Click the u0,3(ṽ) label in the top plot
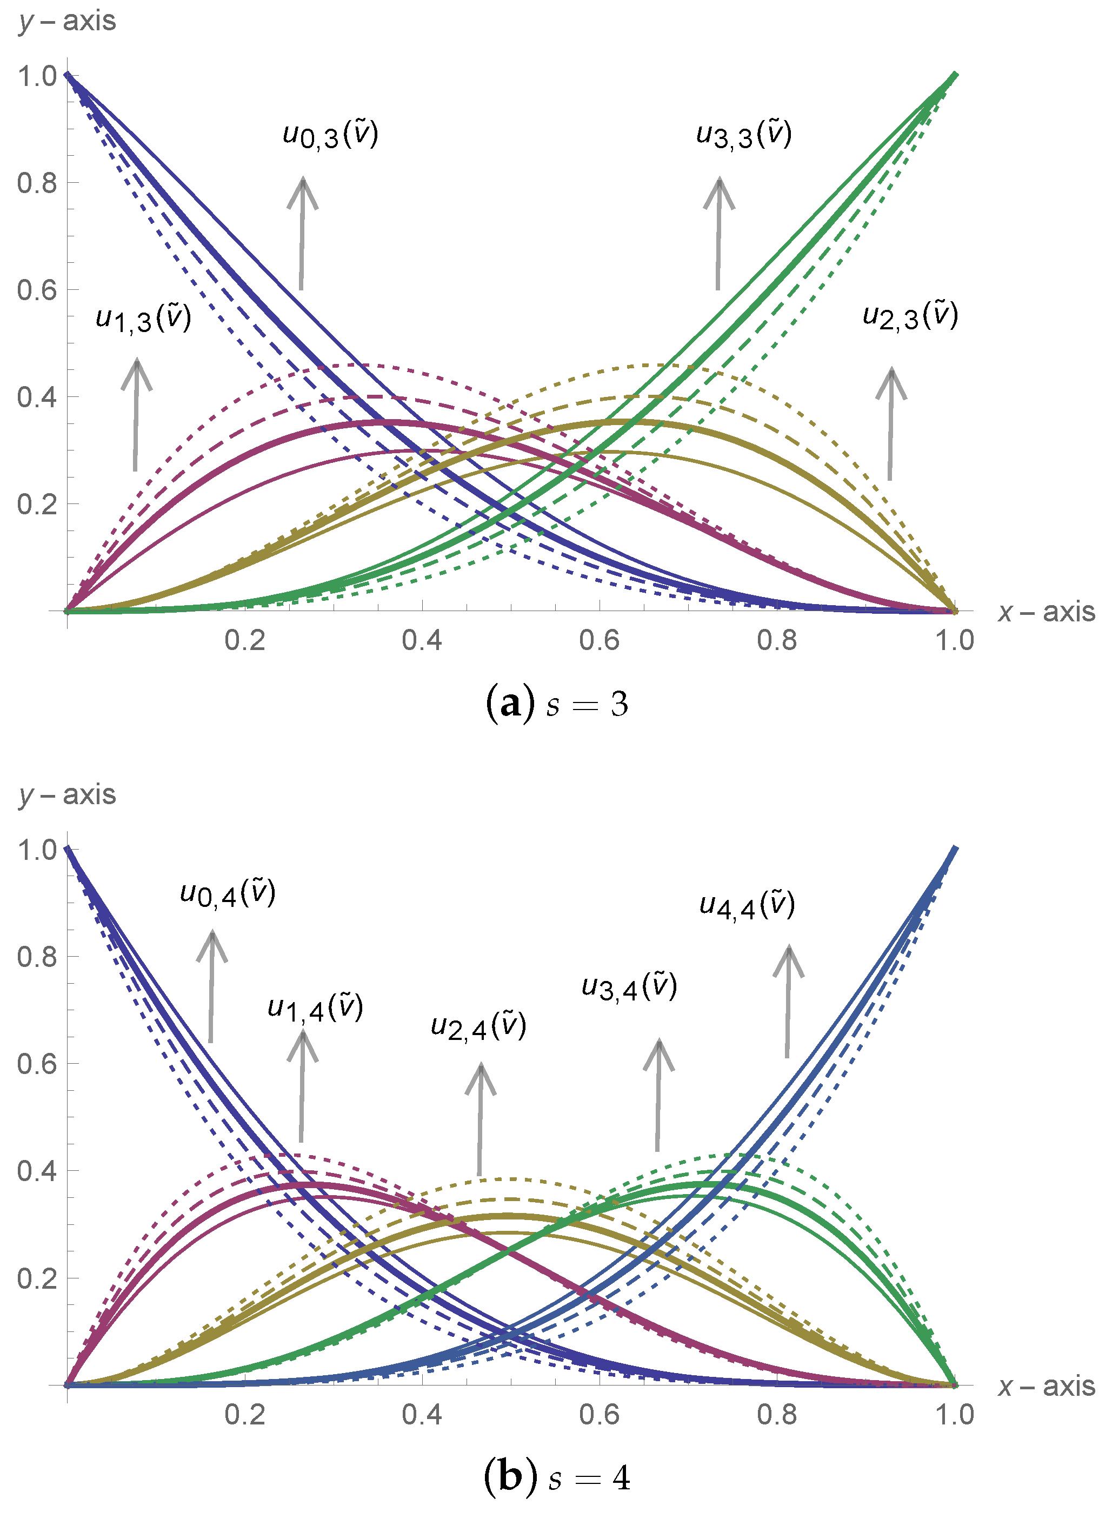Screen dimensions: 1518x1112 [330, 134]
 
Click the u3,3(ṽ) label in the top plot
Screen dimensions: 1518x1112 [744, 134]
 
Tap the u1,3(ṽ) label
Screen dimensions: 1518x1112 [143, 318]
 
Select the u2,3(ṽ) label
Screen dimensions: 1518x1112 [910, 316]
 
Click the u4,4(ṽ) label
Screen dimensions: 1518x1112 [747, 905]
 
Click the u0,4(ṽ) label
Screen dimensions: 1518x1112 [228, 894]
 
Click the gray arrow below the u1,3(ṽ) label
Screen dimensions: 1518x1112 [136, 414]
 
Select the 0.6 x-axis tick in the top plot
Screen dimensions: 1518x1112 [598, 640]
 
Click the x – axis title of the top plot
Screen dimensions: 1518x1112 [1047, 612]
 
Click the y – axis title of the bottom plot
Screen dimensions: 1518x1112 [68, 795]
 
